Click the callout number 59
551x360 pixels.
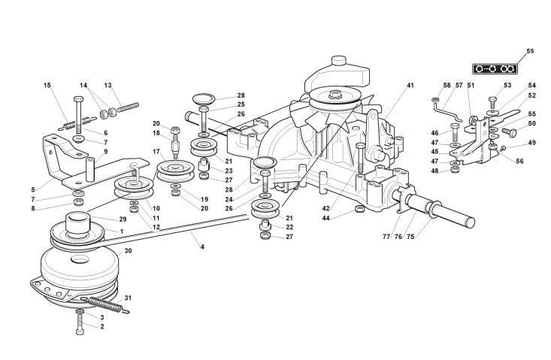pyautogui.click(x=529, y=51)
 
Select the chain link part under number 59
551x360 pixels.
pyautogui.click(x=498, y=69)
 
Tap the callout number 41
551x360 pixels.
pyautogui.click(x=410, y=86)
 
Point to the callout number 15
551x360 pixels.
pyautogui.click(x=48, y=86)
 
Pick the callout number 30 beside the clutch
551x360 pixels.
pyautogui.click(x=129, y=251)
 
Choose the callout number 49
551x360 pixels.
pyautogui.click(x=532, y=142)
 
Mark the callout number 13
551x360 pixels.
pyautogui.click(x=107, y=86)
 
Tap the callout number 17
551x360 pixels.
pyautogui.click(x=157, y=152)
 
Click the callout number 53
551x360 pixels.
pyautogui.click(x=507, y=86)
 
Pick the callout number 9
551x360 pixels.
pyautogui.click(x=106, y=152)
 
